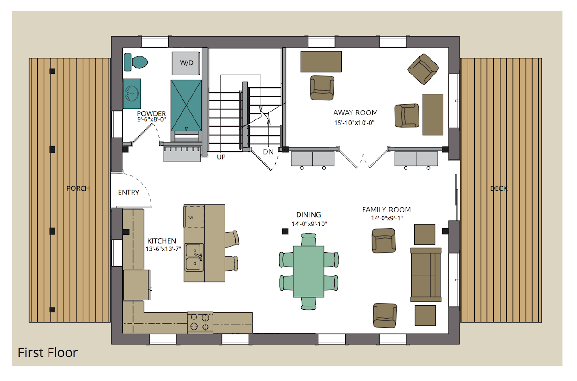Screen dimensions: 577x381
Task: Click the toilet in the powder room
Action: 136,62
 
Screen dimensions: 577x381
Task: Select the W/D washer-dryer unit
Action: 186,63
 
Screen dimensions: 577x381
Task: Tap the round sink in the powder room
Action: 132,94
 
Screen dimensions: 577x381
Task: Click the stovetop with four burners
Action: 200,322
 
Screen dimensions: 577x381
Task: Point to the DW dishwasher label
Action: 190,218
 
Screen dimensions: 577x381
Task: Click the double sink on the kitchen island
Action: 194,257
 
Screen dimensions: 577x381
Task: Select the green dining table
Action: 309,272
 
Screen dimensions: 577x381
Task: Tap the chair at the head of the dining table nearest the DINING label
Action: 309,240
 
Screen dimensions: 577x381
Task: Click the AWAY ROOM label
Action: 355,113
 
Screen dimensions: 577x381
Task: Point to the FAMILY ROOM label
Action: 386,210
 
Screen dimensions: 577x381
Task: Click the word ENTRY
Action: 128,192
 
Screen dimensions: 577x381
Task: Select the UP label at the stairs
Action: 221,157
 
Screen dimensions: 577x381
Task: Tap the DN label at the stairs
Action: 268,152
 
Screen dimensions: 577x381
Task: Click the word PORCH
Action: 78,188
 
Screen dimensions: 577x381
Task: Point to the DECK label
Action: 498,188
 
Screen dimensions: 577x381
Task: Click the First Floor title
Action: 48,353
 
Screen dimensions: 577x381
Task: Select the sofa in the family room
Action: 426,275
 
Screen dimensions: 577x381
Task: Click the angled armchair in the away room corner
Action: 423,69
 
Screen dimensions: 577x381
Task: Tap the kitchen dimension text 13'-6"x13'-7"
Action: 164,249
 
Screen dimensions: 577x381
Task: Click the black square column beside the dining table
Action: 285,231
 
